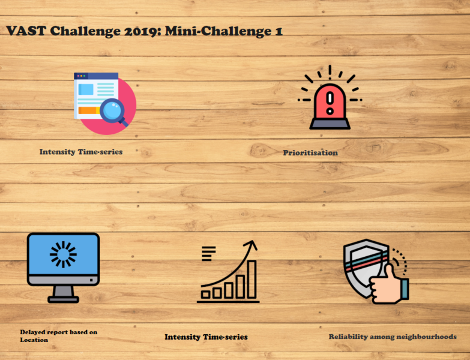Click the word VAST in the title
click(26, 31)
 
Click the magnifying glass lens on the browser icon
click(112, 110)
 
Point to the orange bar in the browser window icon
click(89, 110)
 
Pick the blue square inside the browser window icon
click(86, 89)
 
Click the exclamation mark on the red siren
click(330, 103)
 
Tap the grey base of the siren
click(330, 124)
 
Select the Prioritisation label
click(310, 153)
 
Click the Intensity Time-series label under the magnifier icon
click(81, 152)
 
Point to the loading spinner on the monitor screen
click(63, 254)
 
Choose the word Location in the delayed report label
click(34, 340)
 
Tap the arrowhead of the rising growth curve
click(251, 245)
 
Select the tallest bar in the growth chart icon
click(252, 280)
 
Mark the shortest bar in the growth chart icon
click(205, 295)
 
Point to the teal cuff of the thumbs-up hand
click(405, 289)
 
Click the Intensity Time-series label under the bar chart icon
click(206, 337)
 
